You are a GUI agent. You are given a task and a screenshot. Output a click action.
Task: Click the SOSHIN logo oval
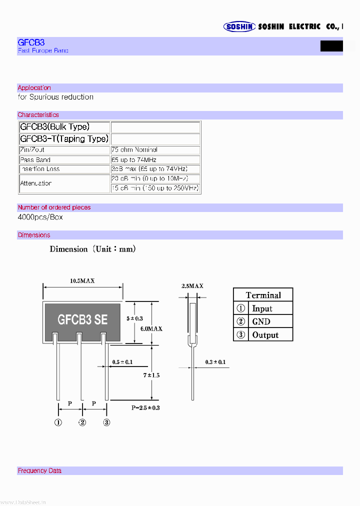click(x=239, y=27)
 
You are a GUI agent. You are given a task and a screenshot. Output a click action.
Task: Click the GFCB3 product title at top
click(x=31, y=43)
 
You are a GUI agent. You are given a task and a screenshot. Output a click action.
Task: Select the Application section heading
click(x=34, y=88)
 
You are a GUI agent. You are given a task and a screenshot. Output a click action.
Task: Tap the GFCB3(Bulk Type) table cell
click(x=57, y=127)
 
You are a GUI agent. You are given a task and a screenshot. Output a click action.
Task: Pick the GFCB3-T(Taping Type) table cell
click(x=64, y=138)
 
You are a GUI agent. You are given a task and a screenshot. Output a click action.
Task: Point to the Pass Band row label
click(x=35, y=160)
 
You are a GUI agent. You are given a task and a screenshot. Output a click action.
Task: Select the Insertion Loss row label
click(x=39, y=169)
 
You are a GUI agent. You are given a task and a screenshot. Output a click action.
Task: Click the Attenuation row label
click(x=36, y=183)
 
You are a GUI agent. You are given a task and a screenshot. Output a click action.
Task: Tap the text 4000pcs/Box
click(x=40, y=217)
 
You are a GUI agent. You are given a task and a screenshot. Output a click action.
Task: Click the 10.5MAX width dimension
click(x=82, y=281)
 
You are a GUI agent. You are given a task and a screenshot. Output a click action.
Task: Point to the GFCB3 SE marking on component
click(x=82, y=319)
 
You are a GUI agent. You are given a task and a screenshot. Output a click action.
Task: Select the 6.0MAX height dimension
click(x=151, y=328)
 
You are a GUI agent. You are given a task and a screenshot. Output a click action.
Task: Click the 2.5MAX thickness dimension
click(x=192, y=285)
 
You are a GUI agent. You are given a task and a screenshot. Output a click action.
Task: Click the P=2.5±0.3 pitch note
click(x=146, y=407)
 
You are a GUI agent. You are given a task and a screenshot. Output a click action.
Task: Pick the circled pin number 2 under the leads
click(x=82, y=422)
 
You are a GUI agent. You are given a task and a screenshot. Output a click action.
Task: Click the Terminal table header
click(x=263, y=295)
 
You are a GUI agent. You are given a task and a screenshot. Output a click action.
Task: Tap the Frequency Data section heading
click(x=39, y=470)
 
